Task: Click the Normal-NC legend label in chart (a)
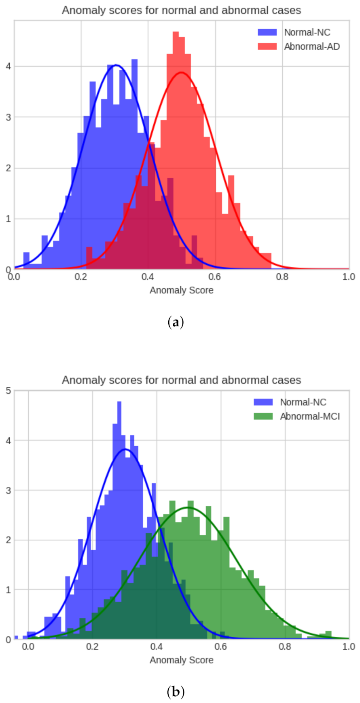click(307, 32)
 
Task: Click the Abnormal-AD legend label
click(312, 46)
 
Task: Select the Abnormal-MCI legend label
click(310, 416)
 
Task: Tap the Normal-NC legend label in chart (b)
click(303, 402)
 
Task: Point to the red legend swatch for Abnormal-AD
click(267, 46)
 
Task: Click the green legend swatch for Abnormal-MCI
click(263, 416)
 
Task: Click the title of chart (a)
click(181, 10)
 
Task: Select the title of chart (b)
click(181, 380)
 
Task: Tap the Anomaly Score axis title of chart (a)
click(181, 290)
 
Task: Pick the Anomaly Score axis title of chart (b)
click(181, 660)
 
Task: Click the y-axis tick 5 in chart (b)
click(8, 391)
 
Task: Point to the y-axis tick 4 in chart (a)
click(8, 66)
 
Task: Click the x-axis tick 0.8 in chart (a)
click(282, 277)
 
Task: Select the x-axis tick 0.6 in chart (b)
click(221, 647)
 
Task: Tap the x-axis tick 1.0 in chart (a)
click(348, 277)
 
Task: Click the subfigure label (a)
click(176, 322)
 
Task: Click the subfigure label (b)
click(176, 692)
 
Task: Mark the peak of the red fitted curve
click(181, 73)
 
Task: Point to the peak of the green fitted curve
click(188, 507)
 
